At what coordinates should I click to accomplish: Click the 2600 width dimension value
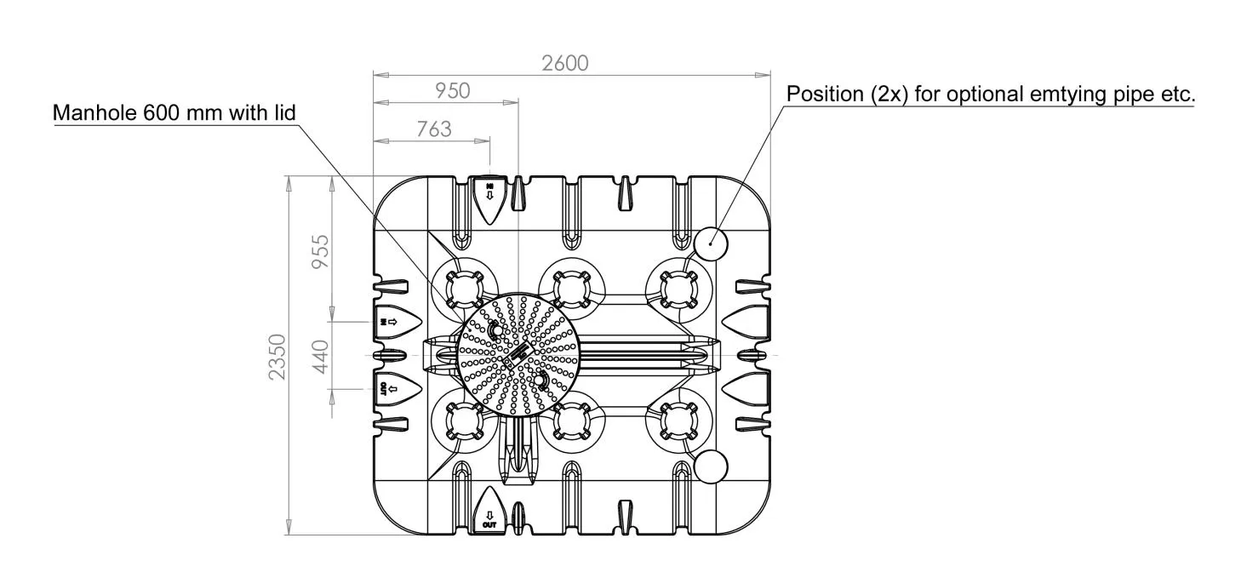(x=564, y=64)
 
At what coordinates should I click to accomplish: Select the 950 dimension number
(x=452, y=91)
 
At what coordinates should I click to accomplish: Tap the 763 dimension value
(x=434, y=129)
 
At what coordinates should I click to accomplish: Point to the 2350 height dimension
(x=277, y=357)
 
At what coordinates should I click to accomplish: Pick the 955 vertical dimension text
(x=320, y=252)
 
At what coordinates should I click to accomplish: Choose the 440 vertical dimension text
(x=320, y=357)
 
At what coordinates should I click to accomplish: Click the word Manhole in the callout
(x=94, y=113)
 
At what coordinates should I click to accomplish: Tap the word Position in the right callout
(x=825, y=94)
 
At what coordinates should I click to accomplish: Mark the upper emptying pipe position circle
(x=711, y=243)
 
